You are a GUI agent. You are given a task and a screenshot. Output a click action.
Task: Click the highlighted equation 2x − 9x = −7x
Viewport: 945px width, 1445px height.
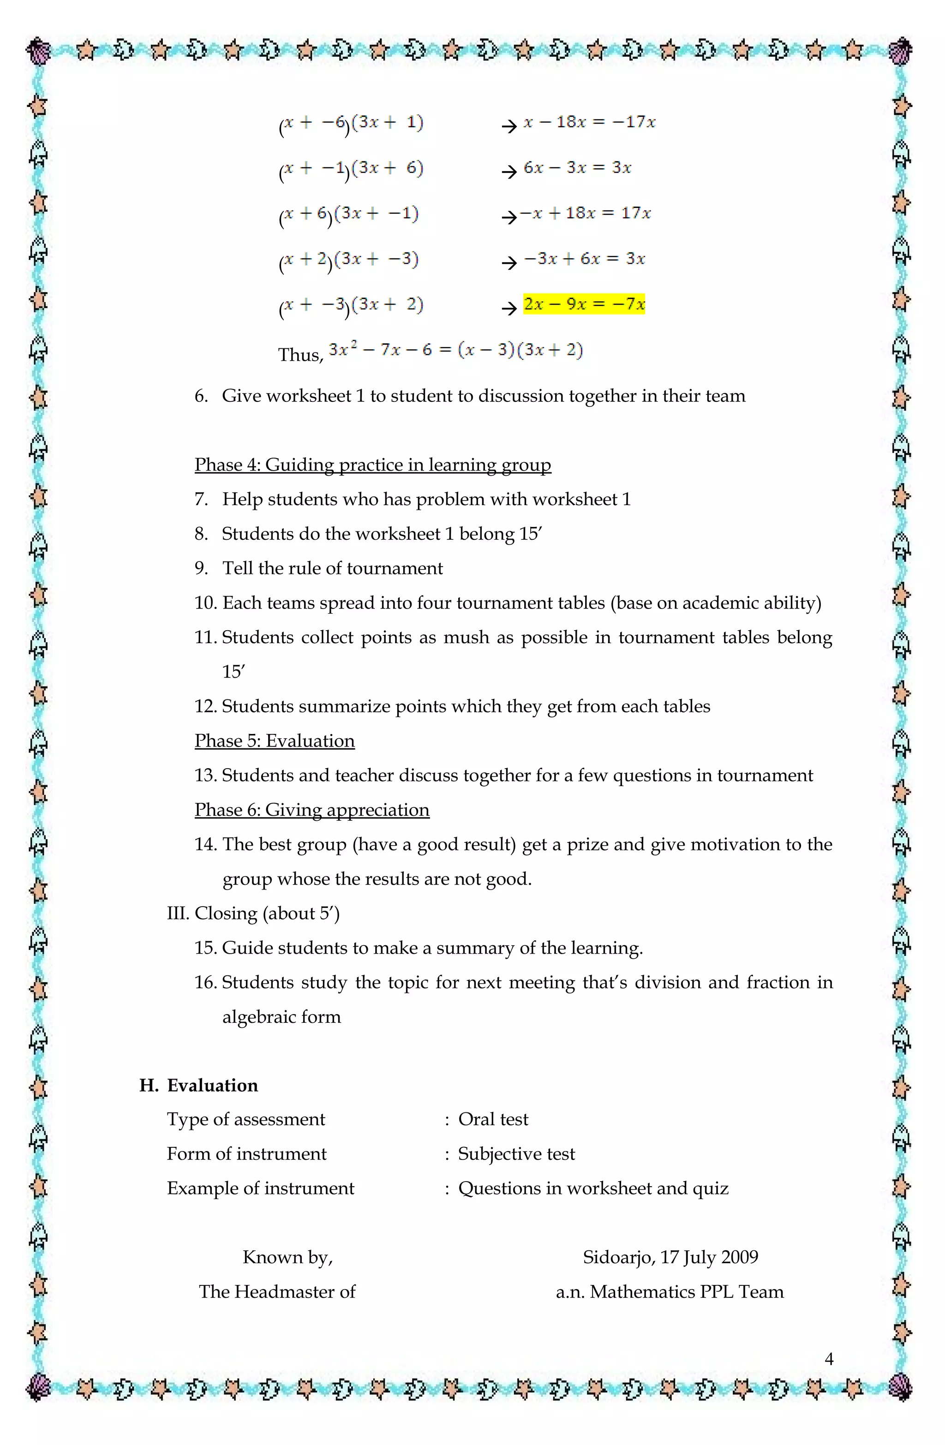coord(584,304)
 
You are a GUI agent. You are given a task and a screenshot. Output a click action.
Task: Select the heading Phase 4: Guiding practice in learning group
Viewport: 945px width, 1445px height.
coord(372,465)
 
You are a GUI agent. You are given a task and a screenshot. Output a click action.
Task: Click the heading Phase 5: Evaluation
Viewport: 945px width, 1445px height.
coord(275,740)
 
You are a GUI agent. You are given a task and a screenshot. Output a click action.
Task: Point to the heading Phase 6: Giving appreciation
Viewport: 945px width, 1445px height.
coord(311,810)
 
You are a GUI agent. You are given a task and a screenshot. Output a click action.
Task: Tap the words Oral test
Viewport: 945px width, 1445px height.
coord(493,1119)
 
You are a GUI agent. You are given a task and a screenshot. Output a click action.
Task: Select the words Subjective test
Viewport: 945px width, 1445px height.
coord(516,1153)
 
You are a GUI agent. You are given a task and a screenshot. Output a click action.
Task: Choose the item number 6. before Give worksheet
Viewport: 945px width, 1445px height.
coord(201,396)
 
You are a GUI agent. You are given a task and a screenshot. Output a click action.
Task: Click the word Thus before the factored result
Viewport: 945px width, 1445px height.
coord(300,355)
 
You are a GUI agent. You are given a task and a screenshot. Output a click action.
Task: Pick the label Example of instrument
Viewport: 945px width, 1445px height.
coord(261,1188)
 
